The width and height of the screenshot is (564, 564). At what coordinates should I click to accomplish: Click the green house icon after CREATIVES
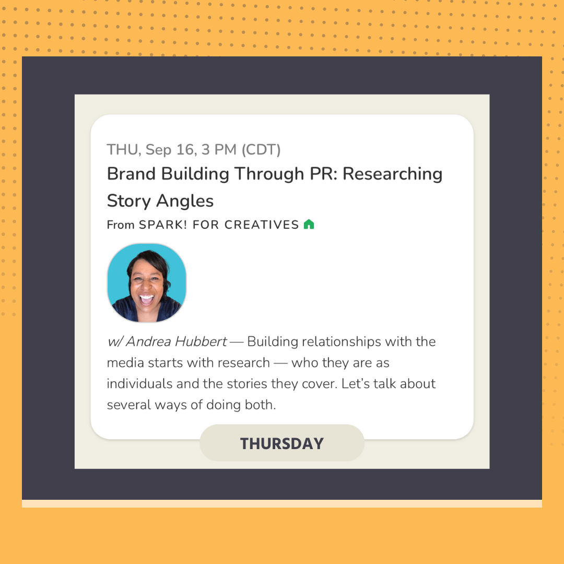pos(309,225)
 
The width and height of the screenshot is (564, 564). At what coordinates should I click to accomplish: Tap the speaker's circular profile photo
pos(147,283)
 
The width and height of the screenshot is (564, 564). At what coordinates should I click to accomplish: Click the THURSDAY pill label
pos(282,443)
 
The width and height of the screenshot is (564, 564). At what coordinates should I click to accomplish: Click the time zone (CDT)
pos(261,150)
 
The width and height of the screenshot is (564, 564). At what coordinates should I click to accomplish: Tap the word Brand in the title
pos(131,174)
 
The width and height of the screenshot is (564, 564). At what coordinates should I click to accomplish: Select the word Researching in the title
pos(392,174)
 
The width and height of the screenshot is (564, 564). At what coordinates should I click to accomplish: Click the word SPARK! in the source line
pos(163,225)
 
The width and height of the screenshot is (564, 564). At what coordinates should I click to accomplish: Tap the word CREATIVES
pos(262,225)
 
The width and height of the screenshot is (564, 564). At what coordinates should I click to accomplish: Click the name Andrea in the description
pos(148,342)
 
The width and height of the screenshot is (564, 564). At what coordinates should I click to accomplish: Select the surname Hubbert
pos(201,342)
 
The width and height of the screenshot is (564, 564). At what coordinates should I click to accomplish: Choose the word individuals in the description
pos(139,384)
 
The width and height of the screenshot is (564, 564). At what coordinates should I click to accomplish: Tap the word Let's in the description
pos(356,384)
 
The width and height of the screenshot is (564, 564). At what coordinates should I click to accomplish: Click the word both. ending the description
pos(260,405)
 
